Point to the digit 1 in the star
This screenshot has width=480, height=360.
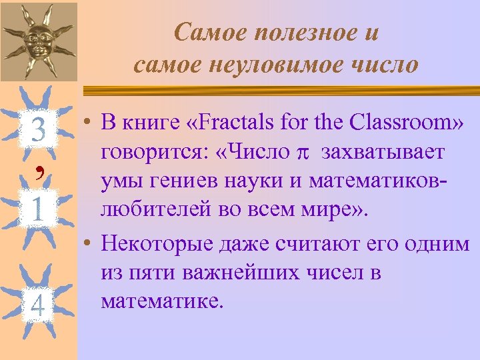pos(38,211)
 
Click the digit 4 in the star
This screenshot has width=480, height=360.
pos(38,306)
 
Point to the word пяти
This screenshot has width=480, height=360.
pos(149,272)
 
